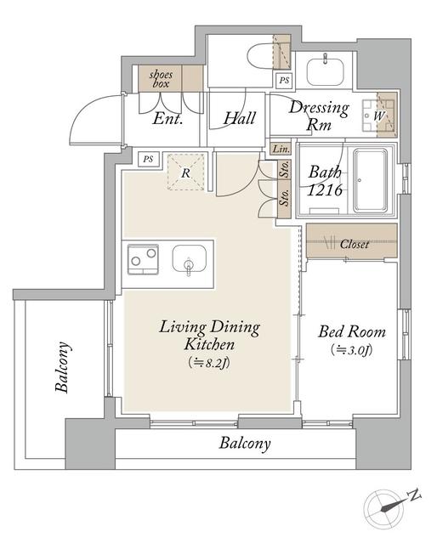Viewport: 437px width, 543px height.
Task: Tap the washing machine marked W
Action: (378, 116)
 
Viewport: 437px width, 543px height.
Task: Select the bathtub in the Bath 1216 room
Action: (370, 180)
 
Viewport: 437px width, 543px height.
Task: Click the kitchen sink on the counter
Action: (190, 258)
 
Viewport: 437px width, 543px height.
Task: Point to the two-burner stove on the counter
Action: (143, 259)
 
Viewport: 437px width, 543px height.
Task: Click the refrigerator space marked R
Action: (185, 173)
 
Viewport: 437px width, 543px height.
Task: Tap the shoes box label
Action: (161, 79)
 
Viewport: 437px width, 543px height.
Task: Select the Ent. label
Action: (167, 119)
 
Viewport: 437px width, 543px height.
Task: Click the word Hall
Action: (240, 118)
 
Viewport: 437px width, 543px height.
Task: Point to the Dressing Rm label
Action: (319, 116)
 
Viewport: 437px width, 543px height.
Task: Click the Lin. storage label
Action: (281, 149)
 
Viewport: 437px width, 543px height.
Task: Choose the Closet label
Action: (355, 244)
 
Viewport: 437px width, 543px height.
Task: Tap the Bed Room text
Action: (352, 331)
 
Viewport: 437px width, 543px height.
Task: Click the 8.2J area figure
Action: (209, 363)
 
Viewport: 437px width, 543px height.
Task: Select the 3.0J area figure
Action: (352, 350)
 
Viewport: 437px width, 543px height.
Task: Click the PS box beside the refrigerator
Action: (148, 159)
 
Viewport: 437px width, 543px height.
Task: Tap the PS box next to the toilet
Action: (284, 81)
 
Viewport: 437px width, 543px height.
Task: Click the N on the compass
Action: (414, 495)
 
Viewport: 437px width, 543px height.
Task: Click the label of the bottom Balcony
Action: (245, 444)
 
